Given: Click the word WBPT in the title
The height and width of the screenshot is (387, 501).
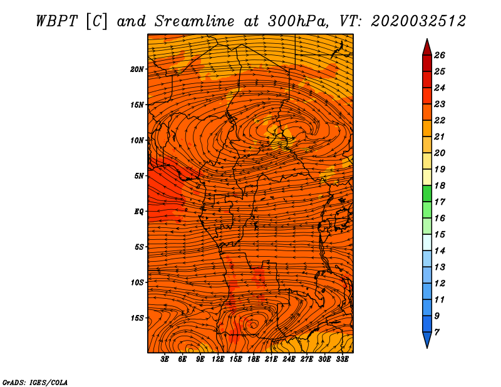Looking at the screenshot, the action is point(57,21).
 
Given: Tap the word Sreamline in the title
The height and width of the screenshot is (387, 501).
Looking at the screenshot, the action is point(195,21).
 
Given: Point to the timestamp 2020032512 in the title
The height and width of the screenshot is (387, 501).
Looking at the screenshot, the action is point(418,21).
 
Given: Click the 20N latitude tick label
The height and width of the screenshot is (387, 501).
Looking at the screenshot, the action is point(137,70).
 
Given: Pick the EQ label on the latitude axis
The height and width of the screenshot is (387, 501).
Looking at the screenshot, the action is point(139,212).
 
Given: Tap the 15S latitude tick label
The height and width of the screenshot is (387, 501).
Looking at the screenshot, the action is point(137,318).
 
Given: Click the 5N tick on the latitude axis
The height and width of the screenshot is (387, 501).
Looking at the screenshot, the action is point(139,176).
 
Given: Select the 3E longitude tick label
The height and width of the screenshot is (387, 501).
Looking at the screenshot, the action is point(165,359).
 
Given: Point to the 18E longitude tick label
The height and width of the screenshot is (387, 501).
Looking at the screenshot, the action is point(254,359).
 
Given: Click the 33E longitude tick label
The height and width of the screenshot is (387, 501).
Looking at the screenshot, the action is point(342,359).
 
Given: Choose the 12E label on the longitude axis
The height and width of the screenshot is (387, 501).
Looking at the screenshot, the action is point(218,359).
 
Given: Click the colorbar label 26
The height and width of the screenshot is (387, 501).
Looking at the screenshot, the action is point(440,55).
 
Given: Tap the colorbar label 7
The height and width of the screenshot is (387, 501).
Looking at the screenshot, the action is point(437,333).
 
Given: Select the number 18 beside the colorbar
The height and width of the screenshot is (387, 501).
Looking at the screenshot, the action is point(440,185).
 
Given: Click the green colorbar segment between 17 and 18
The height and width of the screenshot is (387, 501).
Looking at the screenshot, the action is point(427,194).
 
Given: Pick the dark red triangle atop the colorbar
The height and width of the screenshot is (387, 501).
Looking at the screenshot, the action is point(427,47).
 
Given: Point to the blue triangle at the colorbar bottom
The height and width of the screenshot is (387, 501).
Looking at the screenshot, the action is point(427,340).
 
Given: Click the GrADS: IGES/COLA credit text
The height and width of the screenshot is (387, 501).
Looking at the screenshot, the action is point(35,383).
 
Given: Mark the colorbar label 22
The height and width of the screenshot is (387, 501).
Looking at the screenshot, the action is point(440,120).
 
